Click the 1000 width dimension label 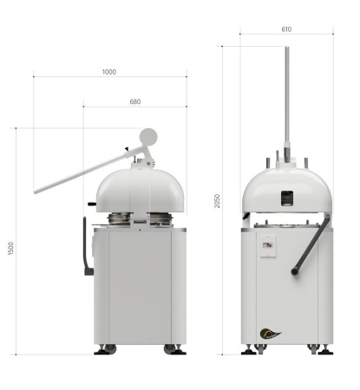108,72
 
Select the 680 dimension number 135,101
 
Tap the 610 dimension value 286,29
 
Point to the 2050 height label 217,200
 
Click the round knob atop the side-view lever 148,136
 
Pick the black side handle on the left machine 86,247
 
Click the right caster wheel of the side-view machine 171,349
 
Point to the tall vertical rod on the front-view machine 286,95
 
